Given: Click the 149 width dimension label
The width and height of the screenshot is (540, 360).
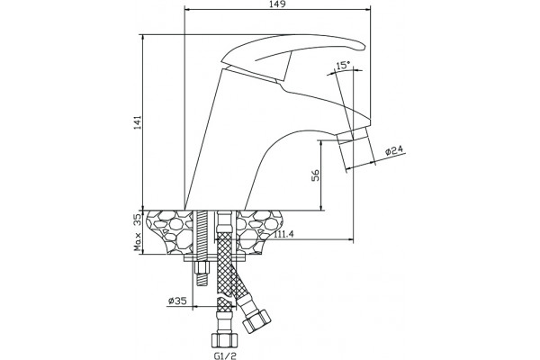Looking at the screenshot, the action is (278, 4).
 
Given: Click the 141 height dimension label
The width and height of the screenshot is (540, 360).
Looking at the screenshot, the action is (138, 122).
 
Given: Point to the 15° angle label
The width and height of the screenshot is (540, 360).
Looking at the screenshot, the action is (343, 66).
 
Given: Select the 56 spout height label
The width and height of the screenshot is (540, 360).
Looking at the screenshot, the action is (316, 175).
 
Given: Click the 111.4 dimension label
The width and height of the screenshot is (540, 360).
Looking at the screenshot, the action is (284, 234).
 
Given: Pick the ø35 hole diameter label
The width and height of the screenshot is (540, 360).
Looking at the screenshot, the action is (177, 301).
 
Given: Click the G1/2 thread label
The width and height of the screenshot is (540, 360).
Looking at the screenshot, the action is (225, 355).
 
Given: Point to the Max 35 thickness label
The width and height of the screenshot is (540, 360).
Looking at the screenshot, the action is (138, 232).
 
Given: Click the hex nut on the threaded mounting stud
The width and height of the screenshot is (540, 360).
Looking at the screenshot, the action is (202, 267).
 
